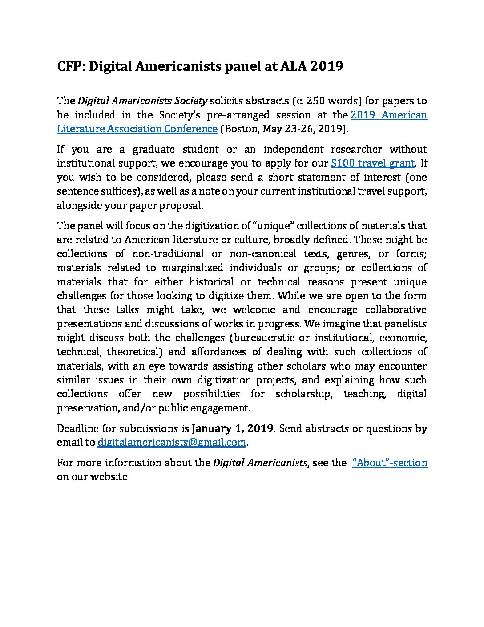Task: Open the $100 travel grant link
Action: pos(373,163)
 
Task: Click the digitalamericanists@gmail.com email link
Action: pos(172,443)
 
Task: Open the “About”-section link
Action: pos(390,463)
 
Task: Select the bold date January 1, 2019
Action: pos(232,428)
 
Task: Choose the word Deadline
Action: pos(77,428)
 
